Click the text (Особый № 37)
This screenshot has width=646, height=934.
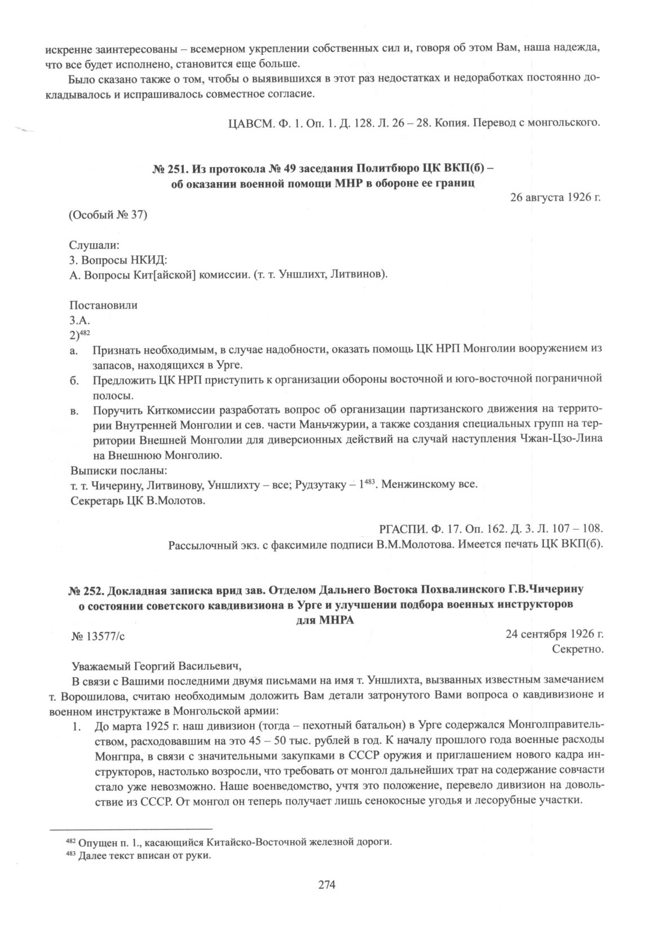(108, 215)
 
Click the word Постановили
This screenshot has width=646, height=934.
(103, 306)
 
